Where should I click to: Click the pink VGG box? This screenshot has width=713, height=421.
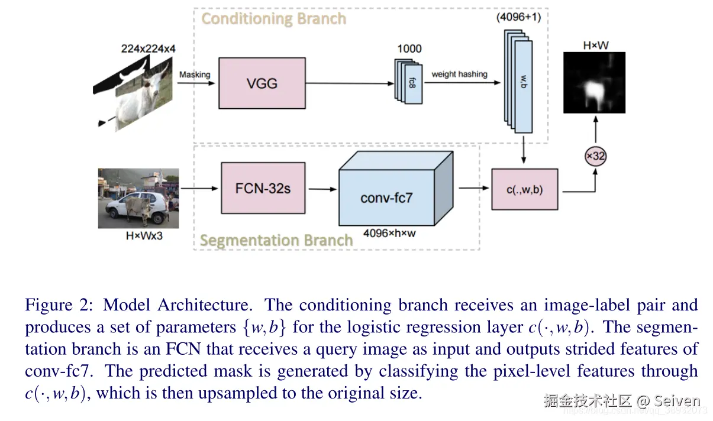tap(262, 83)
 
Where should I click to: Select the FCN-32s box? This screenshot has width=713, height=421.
tap(263, 189)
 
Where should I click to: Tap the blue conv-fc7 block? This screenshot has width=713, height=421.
tap(386, 196)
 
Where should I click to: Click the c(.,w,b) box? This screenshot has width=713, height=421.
tap(524, 189)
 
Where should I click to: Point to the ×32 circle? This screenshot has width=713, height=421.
tap(595, 157)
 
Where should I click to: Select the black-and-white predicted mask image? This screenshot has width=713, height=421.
tap(594, 82)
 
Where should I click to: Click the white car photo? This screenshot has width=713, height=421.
tap(138, 198)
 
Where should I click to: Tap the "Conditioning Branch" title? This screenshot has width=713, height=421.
tap(273, 19)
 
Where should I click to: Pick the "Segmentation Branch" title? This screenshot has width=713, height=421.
tap(276, 241)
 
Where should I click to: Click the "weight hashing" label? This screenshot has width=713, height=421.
tap(459, 75)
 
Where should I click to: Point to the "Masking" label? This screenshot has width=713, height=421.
tap(195, 75)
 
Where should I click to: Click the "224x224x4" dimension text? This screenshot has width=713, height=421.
tap(148, 50)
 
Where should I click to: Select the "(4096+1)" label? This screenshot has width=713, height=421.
tap(518, 17)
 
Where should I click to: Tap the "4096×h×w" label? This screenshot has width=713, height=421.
tap(389, 233)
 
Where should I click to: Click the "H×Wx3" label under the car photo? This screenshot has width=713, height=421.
tap(138, 236)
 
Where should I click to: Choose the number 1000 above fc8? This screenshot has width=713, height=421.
tap(409, 48)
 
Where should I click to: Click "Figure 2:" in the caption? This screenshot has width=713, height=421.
tap(57, 306)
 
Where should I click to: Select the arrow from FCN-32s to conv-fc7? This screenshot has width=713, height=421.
tap(322, 189)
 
